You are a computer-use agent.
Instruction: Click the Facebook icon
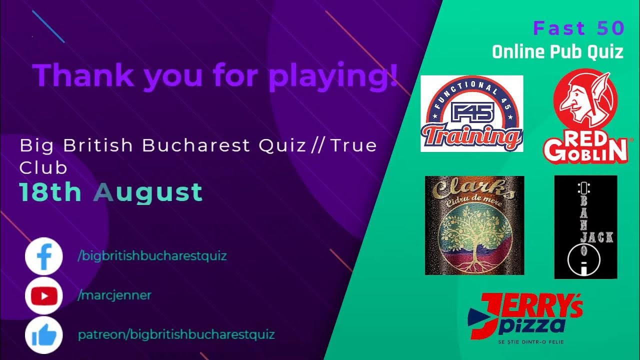coord(43,256)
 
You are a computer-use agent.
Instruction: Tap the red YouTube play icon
coord(43,295)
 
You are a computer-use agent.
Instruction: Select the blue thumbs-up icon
coord(43,335)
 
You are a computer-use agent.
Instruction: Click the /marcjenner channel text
coord(114,295)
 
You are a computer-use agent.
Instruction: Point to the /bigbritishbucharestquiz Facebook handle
coord(152,256)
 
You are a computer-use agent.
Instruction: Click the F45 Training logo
coord(471,113)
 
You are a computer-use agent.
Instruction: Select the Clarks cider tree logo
coord(474,225)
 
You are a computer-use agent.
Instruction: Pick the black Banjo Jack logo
coord(585,226)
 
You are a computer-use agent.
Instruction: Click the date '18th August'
coord(110,192)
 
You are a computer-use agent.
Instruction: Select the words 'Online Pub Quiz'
coord(557,51)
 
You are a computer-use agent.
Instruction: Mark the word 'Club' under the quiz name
coord(43,168)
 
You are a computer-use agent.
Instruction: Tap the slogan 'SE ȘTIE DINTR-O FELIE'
coord(524,343)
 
